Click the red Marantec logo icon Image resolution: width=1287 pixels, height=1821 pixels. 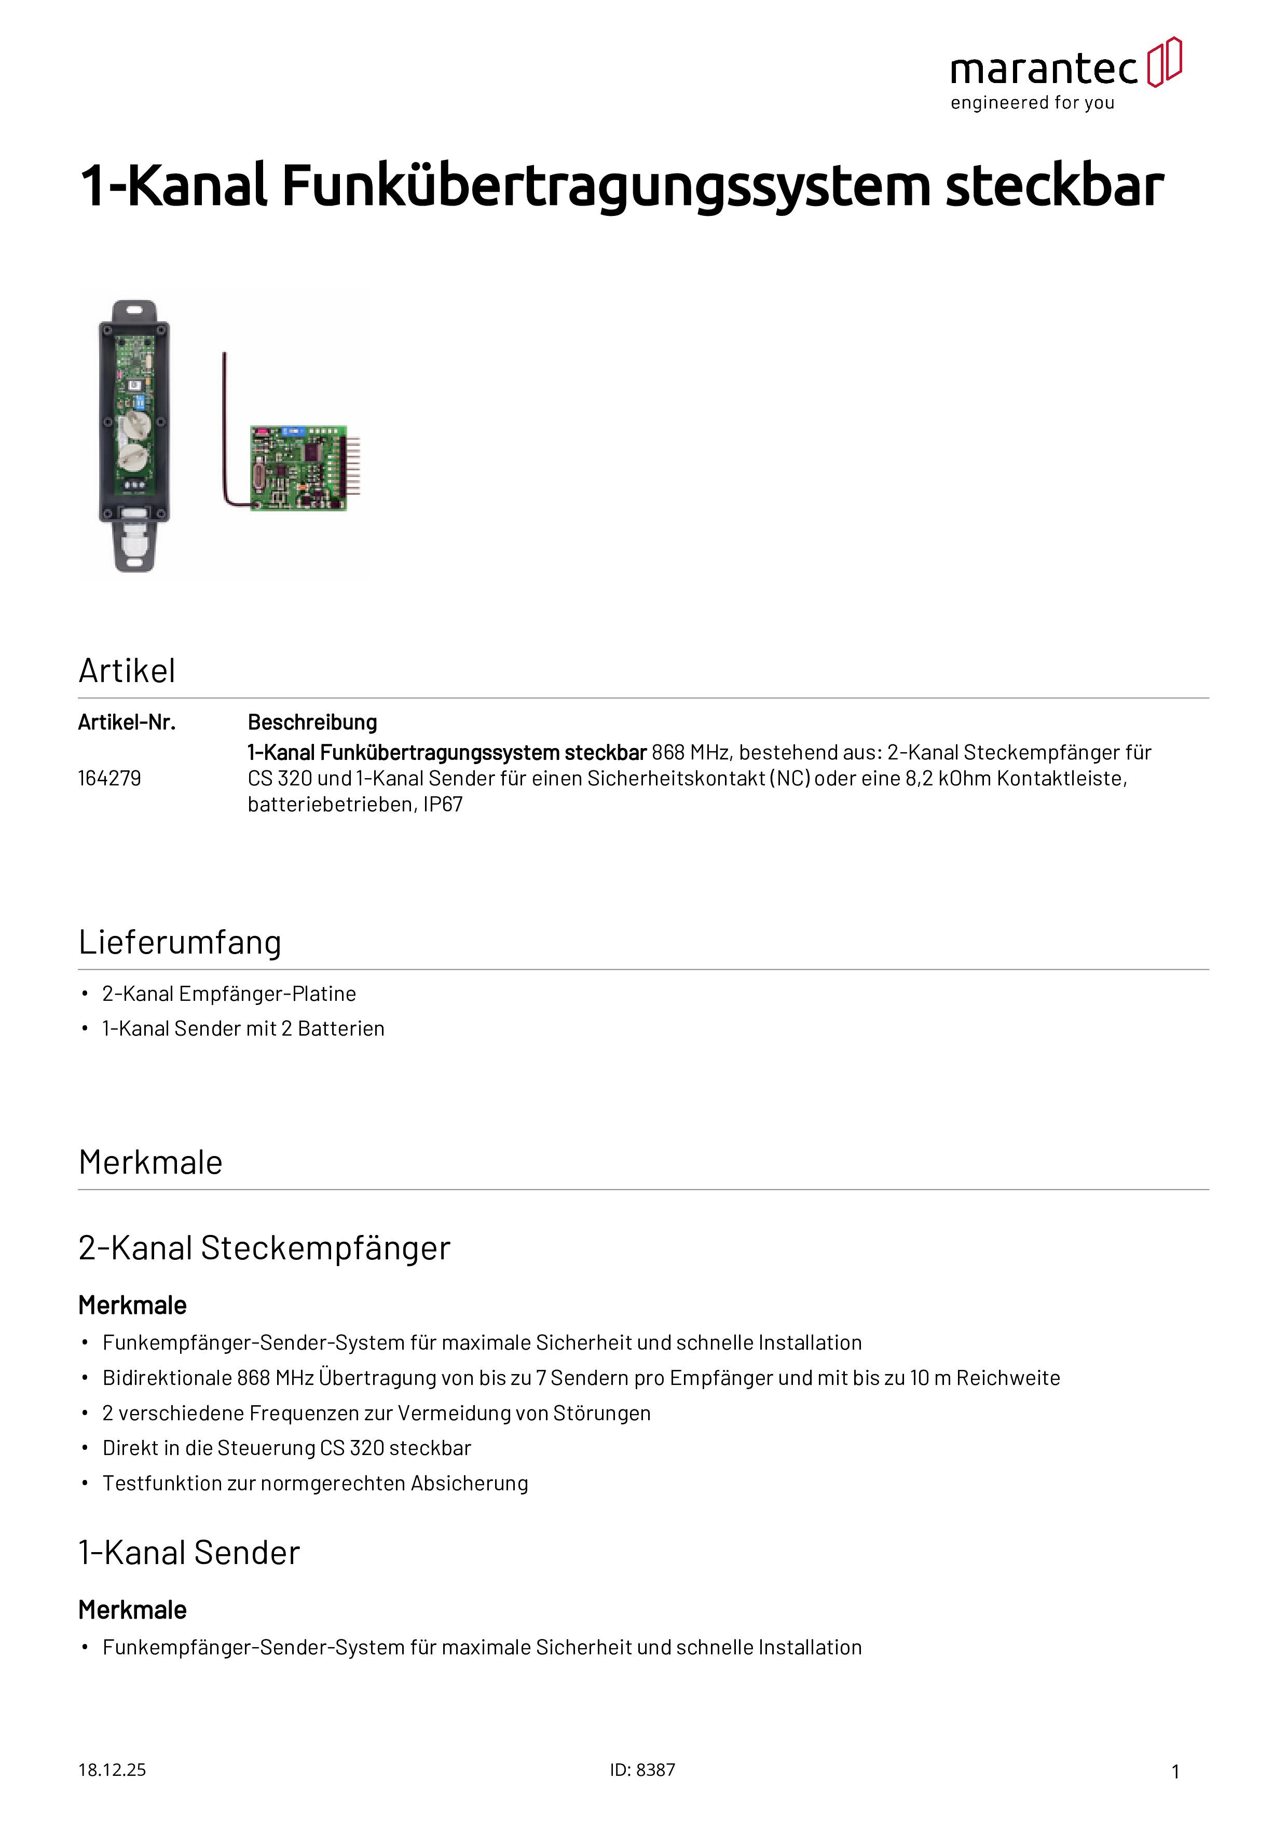pos(1164,62)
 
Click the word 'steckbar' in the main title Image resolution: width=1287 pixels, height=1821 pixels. pos(1054,186)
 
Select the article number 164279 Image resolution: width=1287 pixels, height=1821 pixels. pos(109,778)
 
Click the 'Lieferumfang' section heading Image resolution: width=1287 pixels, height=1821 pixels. pos(180,942)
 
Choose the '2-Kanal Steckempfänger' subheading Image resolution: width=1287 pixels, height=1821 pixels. pos(264,1247)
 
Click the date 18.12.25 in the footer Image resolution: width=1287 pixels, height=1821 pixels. pos(112,1770)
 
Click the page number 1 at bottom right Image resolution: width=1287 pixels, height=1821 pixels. pos(1175,1771)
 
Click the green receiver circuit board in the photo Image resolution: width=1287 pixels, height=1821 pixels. pos(298,468)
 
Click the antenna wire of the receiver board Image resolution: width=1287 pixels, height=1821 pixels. pos(225,428)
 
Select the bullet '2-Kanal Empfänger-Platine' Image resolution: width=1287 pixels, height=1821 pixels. pos(229,994)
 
